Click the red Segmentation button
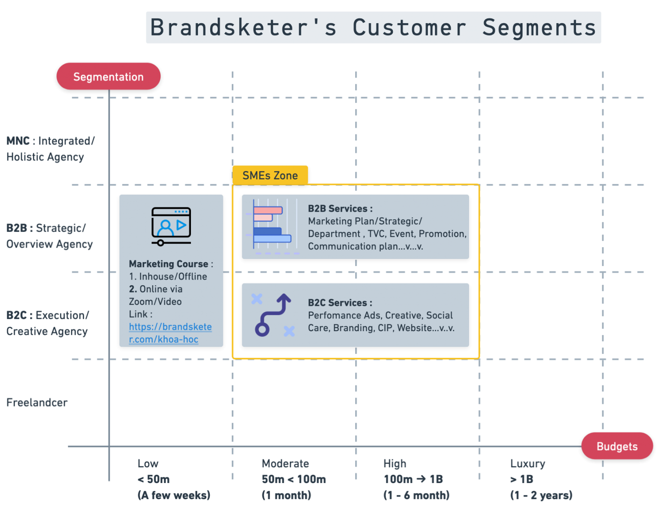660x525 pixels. [108, 76]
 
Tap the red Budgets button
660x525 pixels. [617, 446]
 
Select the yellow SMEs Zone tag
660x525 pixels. [270, 175]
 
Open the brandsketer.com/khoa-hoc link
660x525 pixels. [170, 333]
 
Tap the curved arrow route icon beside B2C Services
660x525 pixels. [273, 315]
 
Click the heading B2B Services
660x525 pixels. [340, 208]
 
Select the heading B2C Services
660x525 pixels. [340, 302]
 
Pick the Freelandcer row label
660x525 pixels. [37, 402]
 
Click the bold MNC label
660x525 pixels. [18, 141]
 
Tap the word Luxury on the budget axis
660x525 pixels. [527, 464]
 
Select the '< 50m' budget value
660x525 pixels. [153, 479]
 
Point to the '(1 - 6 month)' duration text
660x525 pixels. [416, 495]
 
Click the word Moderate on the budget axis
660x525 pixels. [285, 463]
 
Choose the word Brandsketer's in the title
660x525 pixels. [244, 27]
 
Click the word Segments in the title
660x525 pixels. [539, 28]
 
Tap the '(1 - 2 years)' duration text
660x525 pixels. [541, 495]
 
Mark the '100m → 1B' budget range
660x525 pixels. [413, 479]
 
